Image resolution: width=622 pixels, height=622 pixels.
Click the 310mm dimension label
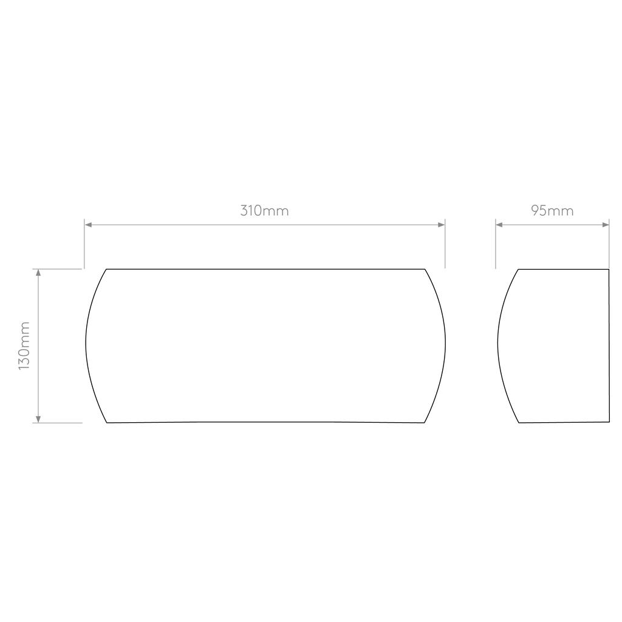(265, 211)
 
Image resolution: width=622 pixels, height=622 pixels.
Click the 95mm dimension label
(552, 211)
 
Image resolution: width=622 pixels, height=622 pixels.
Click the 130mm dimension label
(24, 346)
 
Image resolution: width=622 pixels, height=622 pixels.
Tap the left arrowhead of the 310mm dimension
(89, 225)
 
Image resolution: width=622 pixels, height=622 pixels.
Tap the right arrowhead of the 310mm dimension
(441, 225)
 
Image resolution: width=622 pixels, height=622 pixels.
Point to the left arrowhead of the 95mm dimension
(499, 225)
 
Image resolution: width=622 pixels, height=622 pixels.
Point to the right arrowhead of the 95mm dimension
(606, 225)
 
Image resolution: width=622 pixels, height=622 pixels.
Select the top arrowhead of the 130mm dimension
(38, 273)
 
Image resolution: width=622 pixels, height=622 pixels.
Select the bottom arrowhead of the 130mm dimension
(38, 419)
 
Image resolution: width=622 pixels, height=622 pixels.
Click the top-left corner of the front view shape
(106, 269)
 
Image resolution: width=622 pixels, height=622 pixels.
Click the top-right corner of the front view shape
(425, 269)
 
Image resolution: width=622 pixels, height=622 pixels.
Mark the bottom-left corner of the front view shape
(107, 423)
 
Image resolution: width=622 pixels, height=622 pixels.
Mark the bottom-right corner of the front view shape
(424, 423)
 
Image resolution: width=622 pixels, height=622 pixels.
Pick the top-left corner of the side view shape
(518, 269)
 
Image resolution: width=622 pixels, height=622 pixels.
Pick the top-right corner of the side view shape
(609, 269)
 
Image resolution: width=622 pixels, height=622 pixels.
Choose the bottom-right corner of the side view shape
(609, 422)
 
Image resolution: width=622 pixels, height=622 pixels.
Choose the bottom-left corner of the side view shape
(519, 423)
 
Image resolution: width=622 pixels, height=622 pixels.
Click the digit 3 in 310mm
(244, 211)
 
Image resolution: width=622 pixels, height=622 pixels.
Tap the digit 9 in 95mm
(535, 211)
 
